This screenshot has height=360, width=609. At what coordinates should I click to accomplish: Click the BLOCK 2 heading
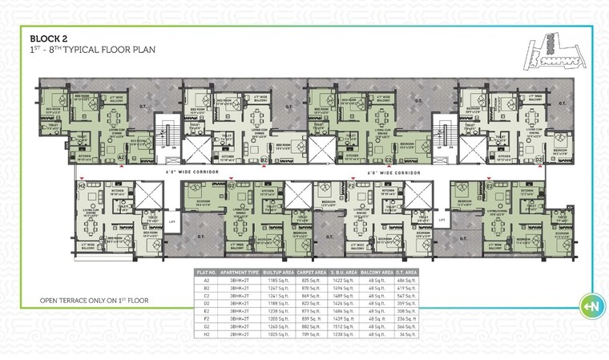(51, 38)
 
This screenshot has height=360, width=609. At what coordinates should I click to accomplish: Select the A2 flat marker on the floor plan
(122, 159)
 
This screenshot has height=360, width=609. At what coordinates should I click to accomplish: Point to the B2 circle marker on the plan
(264, 160)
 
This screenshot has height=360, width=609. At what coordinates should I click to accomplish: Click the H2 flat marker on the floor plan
(83, 186)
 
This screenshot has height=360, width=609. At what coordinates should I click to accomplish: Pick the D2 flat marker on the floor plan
(539, 159)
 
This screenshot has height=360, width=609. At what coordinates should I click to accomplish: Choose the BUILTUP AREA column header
(278, 273)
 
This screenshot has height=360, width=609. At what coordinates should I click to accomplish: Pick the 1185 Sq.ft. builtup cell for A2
(278, 281)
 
